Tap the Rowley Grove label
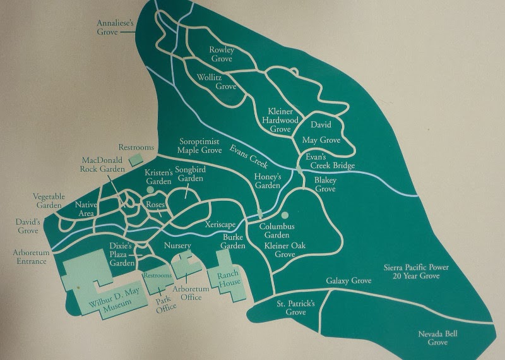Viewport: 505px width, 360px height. pos(222,54)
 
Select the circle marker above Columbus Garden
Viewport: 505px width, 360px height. pos(285,215)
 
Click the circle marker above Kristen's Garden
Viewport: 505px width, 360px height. pos(150,171)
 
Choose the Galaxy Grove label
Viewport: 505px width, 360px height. pos(348,280)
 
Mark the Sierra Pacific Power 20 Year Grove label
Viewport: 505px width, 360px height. pos(417,272)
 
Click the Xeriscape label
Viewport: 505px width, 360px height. pos(220,224)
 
